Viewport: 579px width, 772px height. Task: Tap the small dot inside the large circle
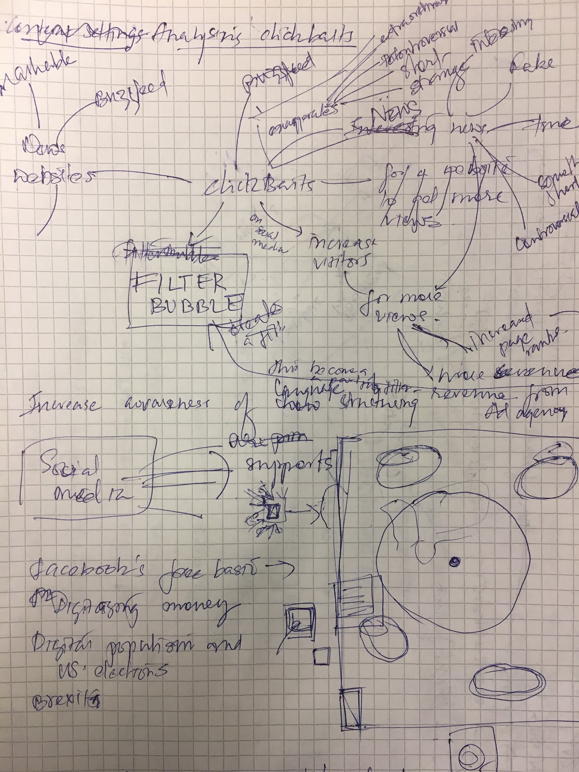point(454,561)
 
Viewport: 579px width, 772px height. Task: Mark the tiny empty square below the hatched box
point(320,656)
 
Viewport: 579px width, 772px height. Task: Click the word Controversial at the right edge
point(548,227)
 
